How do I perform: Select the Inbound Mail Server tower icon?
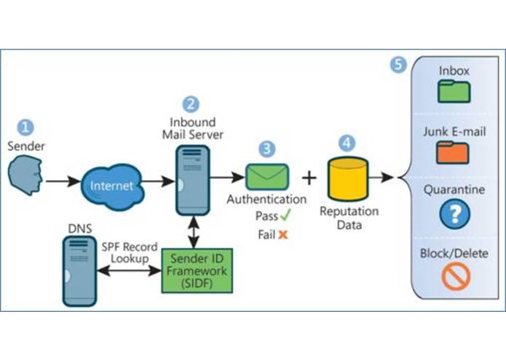(x=191, y=179)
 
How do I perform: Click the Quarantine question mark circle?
(x=455, y=214)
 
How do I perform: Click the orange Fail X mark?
(x=283, y=235)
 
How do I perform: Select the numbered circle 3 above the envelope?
(x=268, y=149)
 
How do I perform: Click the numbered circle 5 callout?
(x=398, y=64)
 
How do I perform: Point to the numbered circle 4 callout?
(x=347, y=143)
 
